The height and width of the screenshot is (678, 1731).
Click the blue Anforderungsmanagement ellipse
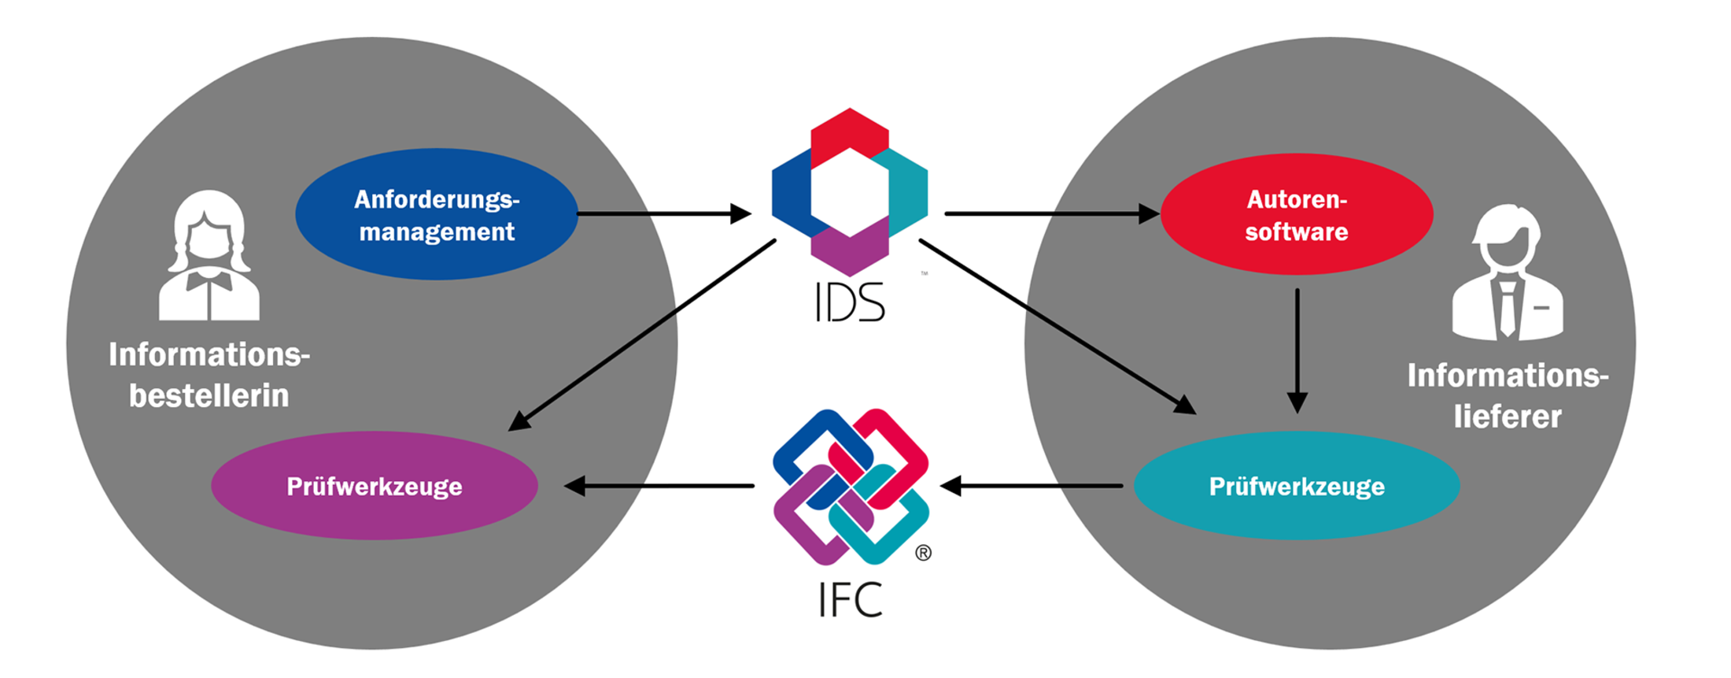click(x=437, y=214)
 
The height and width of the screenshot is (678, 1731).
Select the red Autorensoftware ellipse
click(x=1297, y=214)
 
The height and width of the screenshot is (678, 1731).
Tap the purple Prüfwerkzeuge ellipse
click(x=375, y=486)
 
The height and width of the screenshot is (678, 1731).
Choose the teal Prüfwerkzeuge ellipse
click(x=1297, y=486)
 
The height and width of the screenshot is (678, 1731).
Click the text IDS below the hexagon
click(x=850, y=302)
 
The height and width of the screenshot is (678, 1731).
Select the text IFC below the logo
click(x=850, y=599)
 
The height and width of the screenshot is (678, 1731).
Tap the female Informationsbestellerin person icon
click(x=209, y=256)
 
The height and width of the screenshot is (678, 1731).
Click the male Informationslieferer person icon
click(x=1508, y=272)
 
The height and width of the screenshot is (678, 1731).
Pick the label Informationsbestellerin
click(x=209, y=375)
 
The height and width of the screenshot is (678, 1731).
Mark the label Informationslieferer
click(x=1508, y=396)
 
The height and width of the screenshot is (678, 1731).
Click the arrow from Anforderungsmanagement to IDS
click(x=664, y=213)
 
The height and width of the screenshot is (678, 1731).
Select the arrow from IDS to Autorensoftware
click(x=1052, y=213)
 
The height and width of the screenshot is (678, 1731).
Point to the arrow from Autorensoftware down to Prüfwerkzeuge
click(x=1297, y=351)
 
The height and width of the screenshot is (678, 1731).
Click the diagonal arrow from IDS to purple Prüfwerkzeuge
click(x=642, y=335)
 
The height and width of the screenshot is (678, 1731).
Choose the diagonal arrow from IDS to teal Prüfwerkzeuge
click(x=1057, y=327)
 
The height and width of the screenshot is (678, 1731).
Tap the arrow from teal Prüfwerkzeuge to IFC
click(x=1032, y=486)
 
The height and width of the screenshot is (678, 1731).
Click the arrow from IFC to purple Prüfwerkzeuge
click(x=659, y=486)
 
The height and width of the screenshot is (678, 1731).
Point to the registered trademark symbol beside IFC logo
click(x=924, y=553)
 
